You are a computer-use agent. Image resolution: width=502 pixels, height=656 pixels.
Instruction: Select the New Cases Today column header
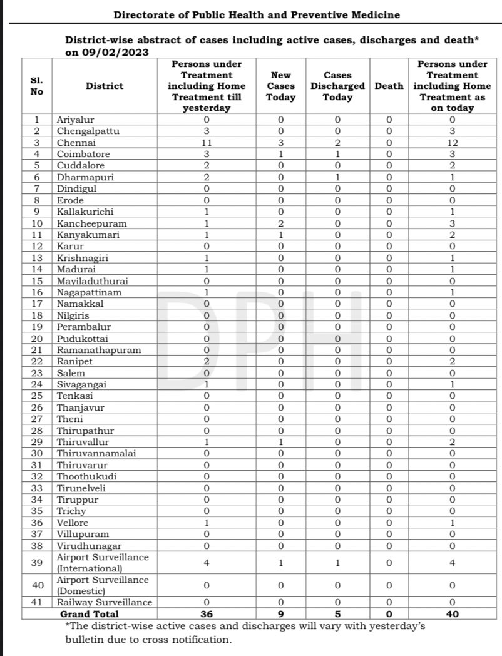[280, 86]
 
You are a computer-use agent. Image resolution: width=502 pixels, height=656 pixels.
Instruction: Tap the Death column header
[389, 86]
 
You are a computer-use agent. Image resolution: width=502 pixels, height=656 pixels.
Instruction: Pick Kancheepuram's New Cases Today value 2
[280, 223]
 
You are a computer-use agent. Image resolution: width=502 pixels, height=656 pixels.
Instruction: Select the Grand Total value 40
[453, 614]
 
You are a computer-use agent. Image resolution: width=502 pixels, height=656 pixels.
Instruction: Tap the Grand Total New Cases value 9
[280, 614]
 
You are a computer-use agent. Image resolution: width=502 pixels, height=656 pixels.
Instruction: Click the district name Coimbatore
[83, 154]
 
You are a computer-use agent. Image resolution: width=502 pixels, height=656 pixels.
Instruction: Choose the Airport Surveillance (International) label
[103, 563]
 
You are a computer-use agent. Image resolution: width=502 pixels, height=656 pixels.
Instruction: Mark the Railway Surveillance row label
[104, 602]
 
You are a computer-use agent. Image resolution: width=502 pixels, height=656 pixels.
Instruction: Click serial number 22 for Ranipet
[38, 361]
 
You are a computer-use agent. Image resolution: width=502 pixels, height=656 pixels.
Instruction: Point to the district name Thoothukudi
[86, 476]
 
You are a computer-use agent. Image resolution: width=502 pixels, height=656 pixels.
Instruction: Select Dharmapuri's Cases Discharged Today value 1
[337, 177]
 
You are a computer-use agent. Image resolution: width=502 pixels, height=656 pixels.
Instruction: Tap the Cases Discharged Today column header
[337, 86]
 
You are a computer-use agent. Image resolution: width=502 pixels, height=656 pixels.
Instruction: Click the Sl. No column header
[37, 86]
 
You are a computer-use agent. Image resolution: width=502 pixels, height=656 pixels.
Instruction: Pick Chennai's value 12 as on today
[453, 143]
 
